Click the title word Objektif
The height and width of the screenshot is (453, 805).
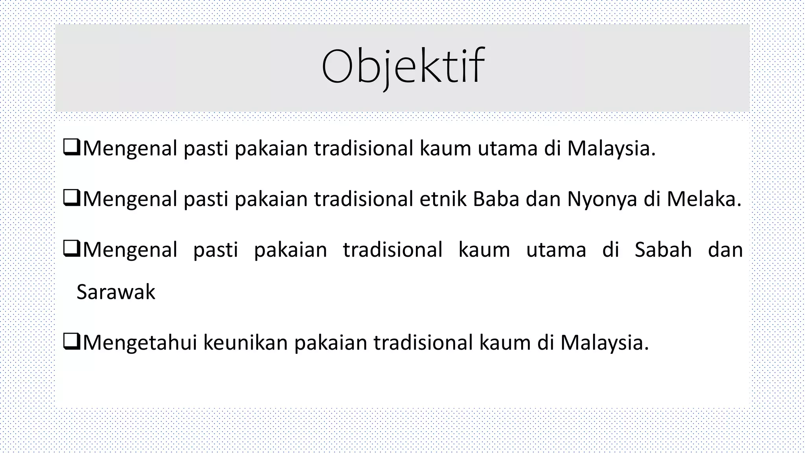pos(402,67)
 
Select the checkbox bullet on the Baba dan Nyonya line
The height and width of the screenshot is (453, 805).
pos(72,199)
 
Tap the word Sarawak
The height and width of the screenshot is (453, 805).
pos(116,292)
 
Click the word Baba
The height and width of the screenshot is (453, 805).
pos(496,199)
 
